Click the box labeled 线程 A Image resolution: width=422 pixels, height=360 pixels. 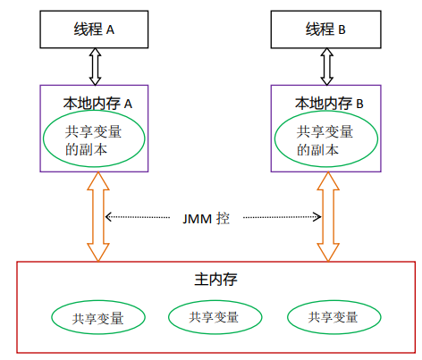tap(94, 29)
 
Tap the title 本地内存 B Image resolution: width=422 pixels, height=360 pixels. tap(328, 103)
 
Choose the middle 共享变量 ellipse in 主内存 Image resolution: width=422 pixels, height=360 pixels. tap(215, 316)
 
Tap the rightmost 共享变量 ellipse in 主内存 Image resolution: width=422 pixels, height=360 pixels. tap(333, 316)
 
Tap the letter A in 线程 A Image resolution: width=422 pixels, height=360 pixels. tap(111, 29)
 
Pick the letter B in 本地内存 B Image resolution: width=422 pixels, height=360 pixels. tap(359, 104)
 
